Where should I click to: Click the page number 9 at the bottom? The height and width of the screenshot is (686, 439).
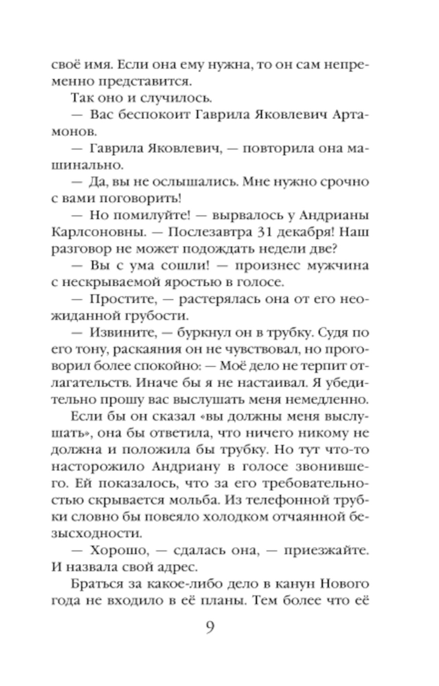coord(210,629)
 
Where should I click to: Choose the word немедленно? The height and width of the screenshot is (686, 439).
coord(333,400)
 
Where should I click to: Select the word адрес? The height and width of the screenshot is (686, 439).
coord(175,567)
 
